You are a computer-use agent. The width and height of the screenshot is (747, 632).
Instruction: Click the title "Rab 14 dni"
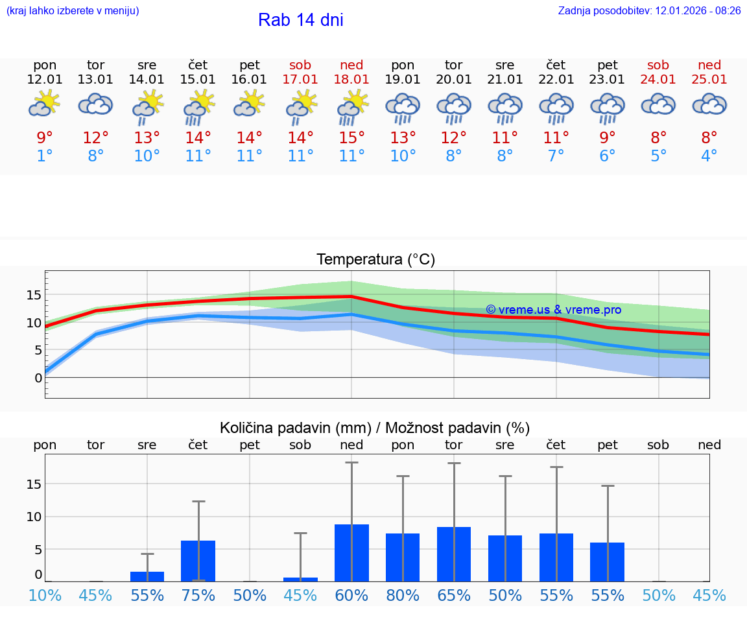pyautogui.click(x=300, y=20)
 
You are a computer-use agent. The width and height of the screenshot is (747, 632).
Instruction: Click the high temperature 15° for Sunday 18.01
pyautogui.click(x=351, y=138)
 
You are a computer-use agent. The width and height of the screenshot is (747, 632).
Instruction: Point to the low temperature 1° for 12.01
pyautogui.click(x=45, y=156)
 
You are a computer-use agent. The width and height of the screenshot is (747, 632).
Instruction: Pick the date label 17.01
pyautogui.click(x=300, y=80)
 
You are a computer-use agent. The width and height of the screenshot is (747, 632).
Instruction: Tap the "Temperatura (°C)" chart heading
pyautogui.click(x=375, y=260)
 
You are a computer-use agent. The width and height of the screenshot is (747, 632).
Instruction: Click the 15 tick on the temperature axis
pyautogui.click(x=34, y=295)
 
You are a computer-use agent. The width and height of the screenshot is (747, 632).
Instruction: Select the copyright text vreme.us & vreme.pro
pyautogui.click(x=553, y=310)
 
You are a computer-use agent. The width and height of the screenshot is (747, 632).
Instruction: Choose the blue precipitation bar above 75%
pyautogui.click(x=198, y=561)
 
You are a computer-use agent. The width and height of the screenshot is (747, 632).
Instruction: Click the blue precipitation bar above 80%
pyautogui.click(x=403, y=557)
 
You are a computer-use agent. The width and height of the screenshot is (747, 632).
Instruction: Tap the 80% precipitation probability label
pyautogui.click(x=403, y=596)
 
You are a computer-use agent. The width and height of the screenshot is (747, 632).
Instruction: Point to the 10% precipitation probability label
pyautogui.click(x=45, y=596)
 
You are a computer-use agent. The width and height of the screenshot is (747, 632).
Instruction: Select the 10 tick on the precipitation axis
pyautogui.click(x=34, y=517)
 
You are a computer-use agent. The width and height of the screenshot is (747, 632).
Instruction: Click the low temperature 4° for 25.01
pyautogui.click(x=709, y=156)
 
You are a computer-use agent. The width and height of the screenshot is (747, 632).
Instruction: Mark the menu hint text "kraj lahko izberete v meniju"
pyautogui.click(x=73, y=11)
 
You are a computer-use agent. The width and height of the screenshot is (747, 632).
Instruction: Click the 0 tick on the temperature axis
pyautogui.click(x=38, y=377)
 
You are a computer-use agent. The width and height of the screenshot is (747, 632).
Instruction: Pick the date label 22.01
pyautogui.click(x=556, y=80)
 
